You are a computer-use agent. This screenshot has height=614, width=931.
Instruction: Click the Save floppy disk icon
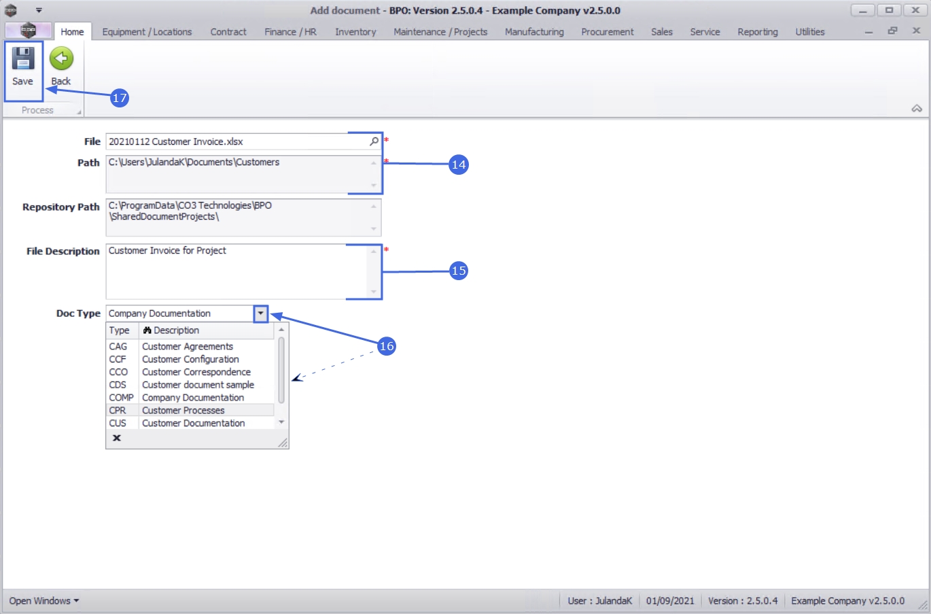(x=23, y=58)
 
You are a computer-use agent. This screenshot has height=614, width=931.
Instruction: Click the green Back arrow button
(x=61, y=58)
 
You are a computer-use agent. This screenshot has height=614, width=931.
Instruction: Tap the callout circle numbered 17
(x=120, y=98)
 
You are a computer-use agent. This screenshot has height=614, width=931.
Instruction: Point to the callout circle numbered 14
(x=459, y=165)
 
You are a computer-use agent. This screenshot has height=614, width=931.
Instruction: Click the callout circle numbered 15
(x=459, y=271)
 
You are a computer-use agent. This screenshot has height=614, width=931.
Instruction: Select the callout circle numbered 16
(x=387, y=346)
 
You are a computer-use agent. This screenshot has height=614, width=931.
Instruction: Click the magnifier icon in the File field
(x=374, y=141)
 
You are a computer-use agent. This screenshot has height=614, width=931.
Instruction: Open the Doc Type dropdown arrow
(x=261, y=313)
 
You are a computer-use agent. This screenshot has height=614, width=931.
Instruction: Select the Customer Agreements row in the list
(x=188, y=347)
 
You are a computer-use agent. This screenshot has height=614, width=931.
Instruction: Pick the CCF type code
(x=118, y=359)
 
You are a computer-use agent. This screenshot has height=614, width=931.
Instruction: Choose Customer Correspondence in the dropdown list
(x=196, y=372)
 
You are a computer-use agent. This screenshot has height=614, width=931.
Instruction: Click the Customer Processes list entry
(x=183, y=411)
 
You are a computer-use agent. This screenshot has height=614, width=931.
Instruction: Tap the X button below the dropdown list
(x=117, y=438)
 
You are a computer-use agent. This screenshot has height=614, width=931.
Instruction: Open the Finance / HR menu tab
(x=290, y=32)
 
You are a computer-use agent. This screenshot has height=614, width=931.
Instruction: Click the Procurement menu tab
(x=607, y=32)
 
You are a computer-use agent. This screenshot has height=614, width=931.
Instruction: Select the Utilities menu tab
(x=809, y=32)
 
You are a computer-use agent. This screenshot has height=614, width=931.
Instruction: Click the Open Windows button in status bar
(x=44, y=601)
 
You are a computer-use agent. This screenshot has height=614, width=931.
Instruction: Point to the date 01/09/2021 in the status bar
(x=670, y=601)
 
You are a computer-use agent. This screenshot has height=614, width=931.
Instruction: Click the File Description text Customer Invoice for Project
(x=167, y=251)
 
